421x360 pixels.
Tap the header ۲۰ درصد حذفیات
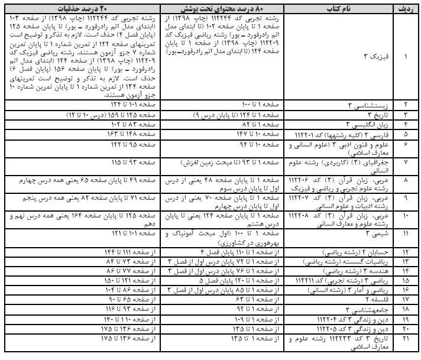(x=80, y=9)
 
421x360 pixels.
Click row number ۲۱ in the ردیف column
(x=405, y=338)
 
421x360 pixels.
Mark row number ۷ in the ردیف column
(x=405, y=161)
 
